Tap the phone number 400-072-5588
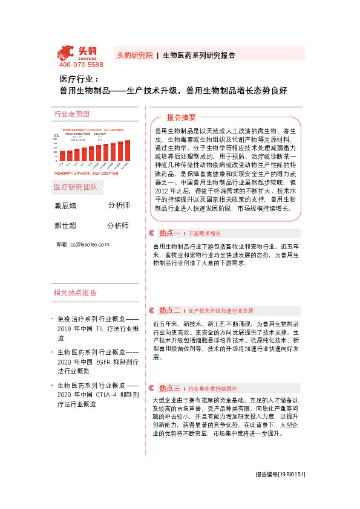pos(81,65)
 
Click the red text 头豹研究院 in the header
pos(134,55)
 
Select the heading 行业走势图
pos(71,114)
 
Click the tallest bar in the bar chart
pos(127,152)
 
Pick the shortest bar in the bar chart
pos(62,156)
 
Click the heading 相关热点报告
pos(75,293)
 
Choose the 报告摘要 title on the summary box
pos(182,117)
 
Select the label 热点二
pos(170,311)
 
